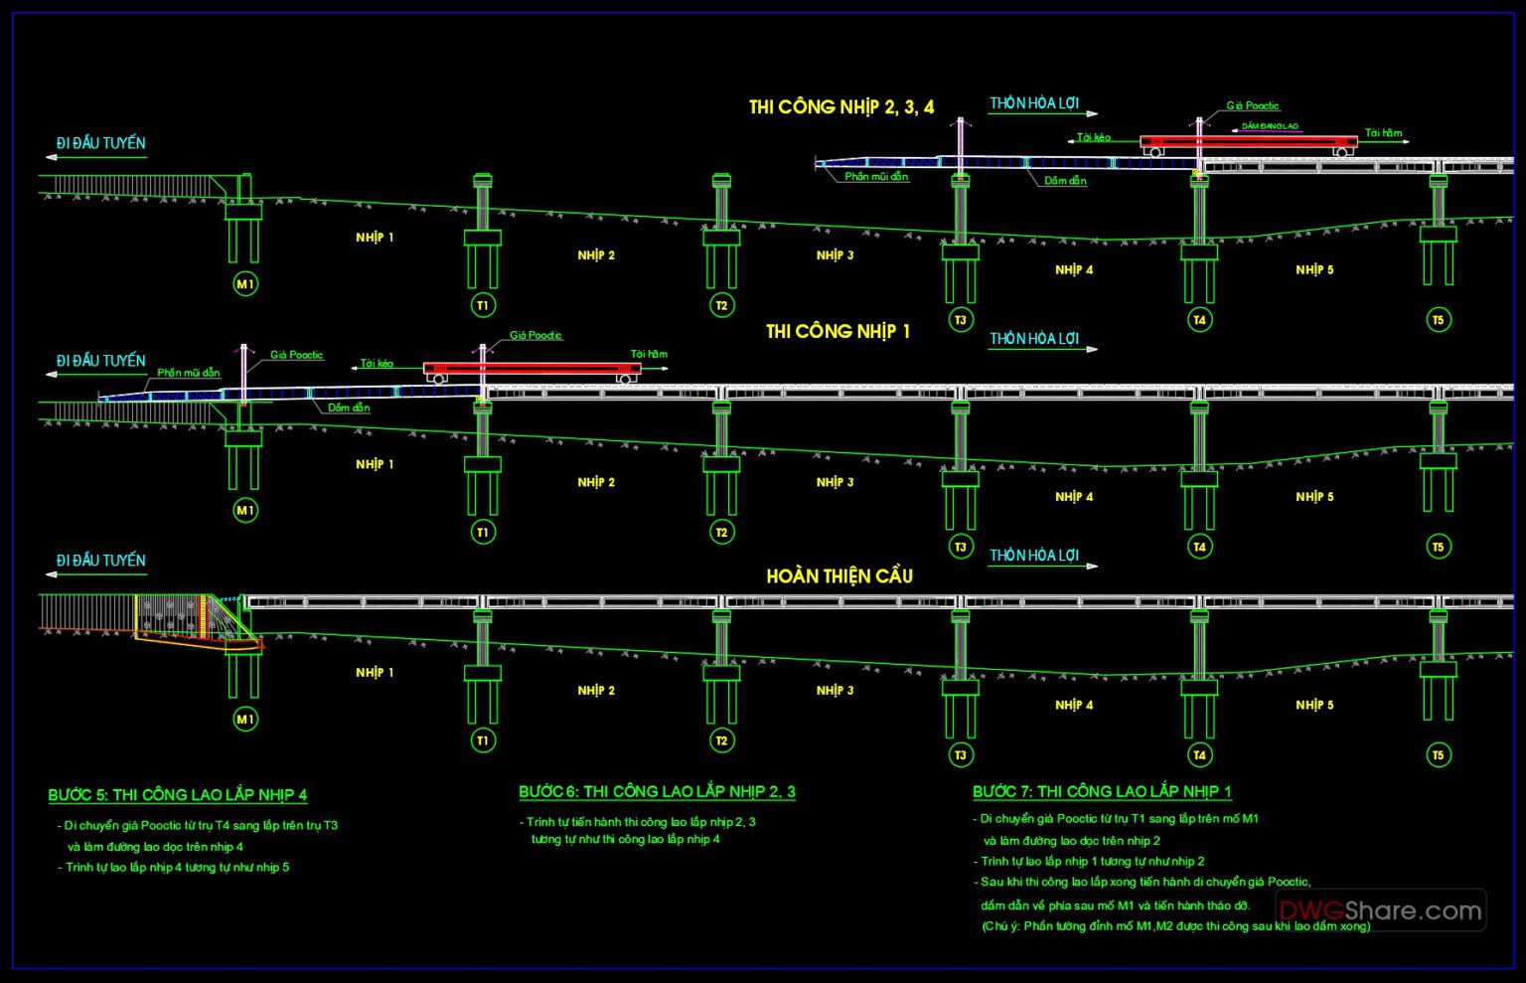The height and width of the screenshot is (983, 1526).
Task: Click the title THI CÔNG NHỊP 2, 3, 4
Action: coord(841,107)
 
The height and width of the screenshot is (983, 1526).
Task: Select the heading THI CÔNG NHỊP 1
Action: coord(838,332)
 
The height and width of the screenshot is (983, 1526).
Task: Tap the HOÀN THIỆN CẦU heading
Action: coord(839,576)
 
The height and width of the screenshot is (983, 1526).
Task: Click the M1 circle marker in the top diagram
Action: coord(244,284)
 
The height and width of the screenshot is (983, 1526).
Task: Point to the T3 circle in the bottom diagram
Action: coord(960,755)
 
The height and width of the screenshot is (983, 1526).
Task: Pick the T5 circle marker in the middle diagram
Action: coord(1438,546)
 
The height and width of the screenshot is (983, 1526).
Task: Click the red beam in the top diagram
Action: coord(1248,141)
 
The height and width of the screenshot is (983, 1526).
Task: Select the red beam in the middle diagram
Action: coord(532,368)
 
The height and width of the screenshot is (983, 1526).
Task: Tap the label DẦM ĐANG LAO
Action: coord(1270,127)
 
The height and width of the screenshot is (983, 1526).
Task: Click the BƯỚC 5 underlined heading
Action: coord(178,795)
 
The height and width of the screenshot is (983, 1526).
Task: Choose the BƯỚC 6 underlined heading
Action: coord(657,792)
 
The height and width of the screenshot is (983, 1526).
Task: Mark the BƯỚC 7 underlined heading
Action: coord(1102,792)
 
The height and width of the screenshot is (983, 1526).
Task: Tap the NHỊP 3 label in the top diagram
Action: coord(835,255)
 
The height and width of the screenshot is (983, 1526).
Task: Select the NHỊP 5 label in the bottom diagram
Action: coord(1314,705)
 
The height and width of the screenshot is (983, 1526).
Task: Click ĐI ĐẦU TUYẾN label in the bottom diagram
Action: coord(100,561)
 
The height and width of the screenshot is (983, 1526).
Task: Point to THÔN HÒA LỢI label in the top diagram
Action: coord(1033,103)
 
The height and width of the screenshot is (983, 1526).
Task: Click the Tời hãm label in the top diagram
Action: coord(1383,133)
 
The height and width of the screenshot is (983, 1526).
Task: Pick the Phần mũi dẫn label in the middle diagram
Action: coord(189,373)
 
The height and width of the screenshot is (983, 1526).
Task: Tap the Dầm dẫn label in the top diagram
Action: coord(1065,181)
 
